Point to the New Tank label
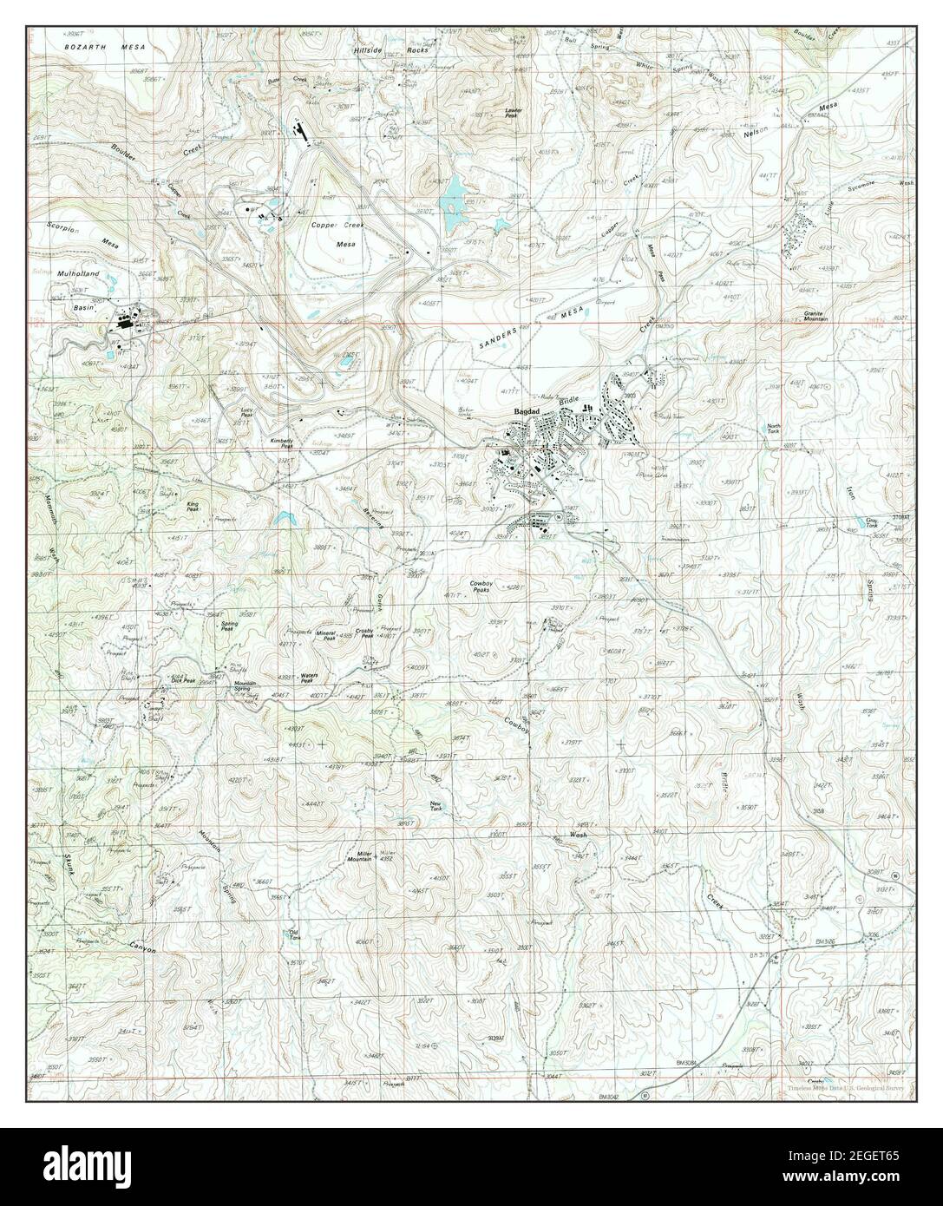tap(438, 806)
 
